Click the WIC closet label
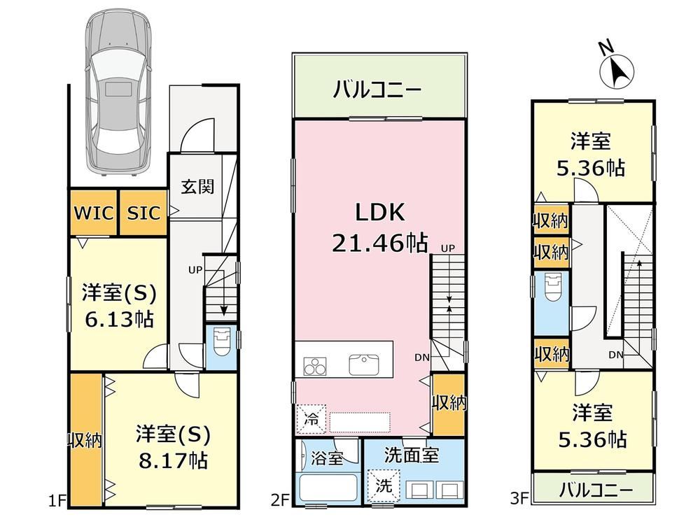click(94, 213)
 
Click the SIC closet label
click(143, 213)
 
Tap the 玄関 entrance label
click(197, 187)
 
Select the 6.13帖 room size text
click(119, 320)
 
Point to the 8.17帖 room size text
click(173, 460)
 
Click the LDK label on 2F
click(380, 213)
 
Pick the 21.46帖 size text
click(379, 243)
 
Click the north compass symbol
click(617, 70)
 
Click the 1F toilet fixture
click(221, 342)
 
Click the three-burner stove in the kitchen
click(315, 367)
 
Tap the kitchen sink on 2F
click(364, 364)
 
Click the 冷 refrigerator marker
click(311, 419)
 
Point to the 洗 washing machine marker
click(383, 485)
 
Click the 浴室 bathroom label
click(327, 458)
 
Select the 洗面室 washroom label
click(412, 455)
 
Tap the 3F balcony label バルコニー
click(596, 490)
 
